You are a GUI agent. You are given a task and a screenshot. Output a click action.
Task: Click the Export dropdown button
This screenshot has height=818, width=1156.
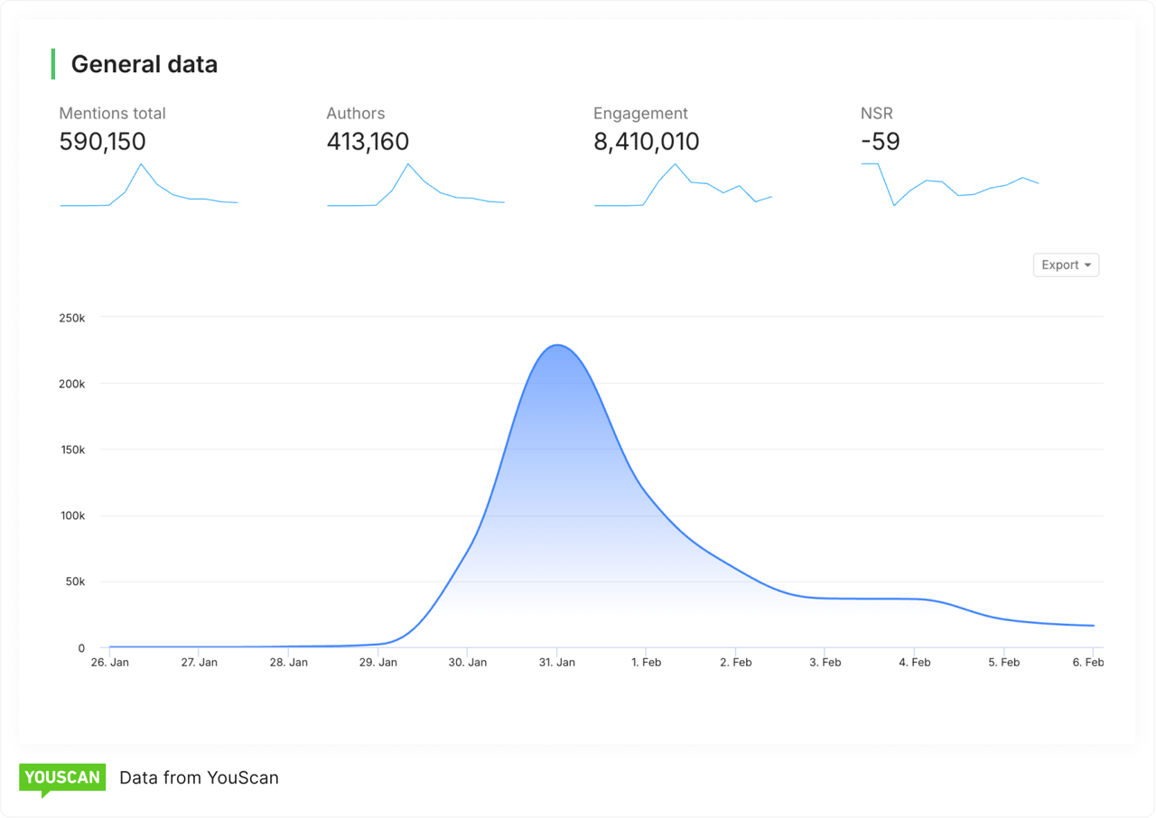click(x=1066, y=265)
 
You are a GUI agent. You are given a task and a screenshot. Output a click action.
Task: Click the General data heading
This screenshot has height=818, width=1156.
click(x=144, y=64)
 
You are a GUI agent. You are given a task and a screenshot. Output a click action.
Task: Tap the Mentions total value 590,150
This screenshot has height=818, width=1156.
click(x=102, y=142)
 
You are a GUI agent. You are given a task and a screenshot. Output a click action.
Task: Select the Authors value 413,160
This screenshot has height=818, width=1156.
click(x=368, y=142)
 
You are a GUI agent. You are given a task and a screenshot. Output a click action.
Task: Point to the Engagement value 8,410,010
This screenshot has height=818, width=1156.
click(x=646, y=142)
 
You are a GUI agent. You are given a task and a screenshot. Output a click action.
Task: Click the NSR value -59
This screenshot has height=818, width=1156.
click(x=880, y=142)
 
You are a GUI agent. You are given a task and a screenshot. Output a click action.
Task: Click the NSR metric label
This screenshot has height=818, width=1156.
click(x=876, y=113)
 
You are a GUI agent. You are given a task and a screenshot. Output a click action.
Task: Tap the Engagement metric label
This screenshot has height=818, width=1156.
click(x=640, y=113)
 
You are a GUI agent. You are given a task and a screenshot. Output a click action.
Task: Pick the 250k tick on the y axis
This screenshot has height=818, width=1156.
click(x=70, y=318)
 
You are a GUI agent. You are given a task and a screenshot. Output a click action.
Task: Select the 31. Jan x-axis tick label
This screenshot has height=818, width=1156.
click(x=556, y=662)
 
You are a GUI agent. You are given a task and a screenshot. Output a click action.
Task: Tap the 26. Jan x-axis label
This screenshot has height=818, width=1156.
click(x=109, y=662)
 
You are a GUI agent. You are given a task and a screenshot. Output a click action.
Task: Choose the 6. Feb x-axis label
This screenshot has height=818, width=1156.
click(x=1088, y=662)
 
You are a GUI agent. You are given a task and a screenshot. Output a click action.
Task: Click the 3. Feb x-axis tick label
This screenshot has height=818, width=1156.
click(x=825, y=662)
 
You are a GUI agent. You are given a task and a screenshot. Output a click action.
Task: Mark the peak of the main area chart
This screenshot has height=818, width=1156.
click(x=557, y=345)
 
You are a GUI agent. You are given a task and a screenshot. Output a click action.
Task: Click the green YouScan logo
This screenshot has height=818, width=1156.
click(x=62, y=778)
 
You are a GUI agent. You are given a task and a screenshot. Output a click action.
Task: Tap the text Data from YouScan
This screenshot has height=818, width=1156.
click(x=199, y=777)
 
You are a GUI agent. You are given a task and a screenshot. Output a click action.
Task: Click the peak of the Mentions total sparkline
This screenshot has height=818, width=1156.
click(x=141, y=163)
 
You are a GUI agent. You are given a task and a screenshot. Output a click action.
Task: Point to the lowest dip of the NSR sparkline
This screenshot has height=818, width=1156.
click(x=894, y=205)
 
